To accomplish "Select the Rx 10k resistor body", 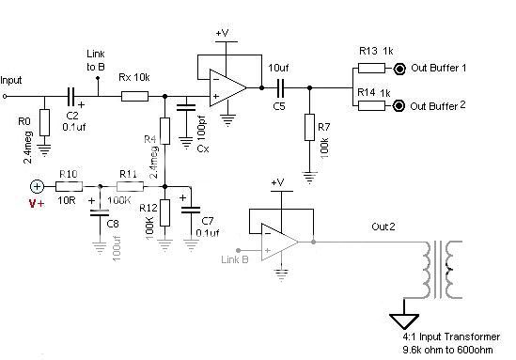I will (x=134, y=95).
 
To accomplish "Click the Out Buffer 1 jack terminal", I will (x=400, y=69).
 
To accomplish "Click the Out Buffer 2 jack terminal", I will (x=400, y=105).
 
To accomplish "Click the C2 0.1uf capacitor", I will (x=70, y=95).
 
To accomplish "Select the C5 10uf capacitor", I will (x=279, y=87).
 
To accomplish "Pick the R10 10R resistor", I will (x=67, y=186).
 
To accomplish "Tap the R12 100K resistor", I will (x=164, y=212).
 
